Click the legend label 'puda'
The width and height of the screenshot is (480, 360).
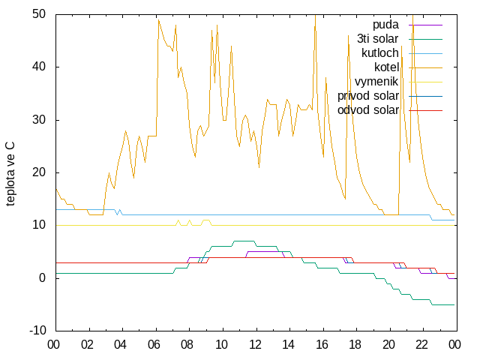point(385,25)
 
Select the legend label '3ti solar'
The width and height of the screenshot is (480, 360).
point(377,39)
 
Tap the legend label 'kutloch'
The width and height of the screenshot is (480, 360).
point(380,53)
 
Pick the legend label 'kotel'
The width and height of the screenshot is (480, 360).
point(386,67)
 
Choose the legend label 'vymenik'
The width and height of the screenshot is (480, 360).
point(376,82)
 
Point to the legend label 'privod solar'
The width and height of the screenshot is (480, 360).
point(368,96)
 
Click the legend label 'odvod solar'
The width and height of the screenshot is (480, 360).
point(368,110)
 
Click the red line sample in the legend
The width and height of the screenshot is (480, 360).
point(425,110)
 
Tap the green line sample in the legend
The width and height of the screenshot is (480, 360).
point(425,40)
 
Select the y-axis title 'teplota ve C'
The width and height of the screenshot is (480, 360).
point(10,174)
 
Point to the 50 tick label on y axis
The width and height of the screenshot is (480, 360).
point(39,13)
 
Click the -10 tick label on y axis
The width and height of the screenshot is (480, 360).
point(37,330)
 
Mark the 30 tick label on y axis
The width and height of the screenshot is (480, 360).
point(39,119)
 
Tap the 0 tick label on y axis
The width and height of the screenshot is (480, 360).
point(42,277)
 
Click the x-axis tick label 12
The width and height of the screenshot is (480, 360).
point(255,345)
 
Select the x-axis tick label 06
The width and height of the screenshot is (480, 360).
point(154,345)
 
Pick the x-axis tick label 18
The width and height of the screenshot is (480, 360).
point(355,345)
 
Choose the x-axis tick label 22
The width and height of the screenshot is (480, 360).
point(421,345)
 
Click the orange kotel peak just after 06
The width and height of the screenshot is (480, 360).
point(158,20)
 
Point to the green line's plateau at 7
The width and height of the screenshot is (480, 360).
point(244,241)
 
